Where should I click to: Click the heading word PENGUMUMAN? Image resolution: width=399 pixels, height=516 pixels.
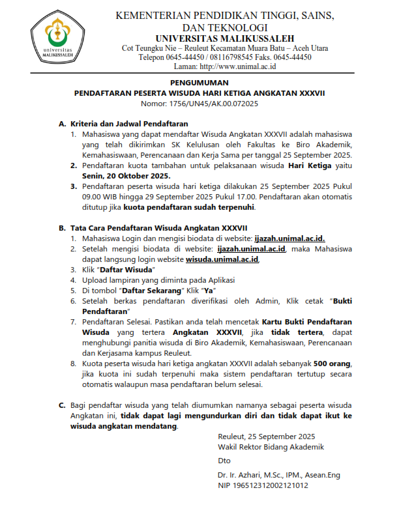199,83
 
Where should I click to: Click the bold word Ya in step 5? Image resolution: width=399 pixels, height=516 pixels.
209,290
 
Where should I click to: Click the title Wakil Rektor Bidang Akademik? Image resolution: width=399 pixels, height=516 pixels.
271,446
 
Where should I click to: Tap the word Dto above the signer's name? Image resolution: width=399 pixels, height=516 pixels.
224,460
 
